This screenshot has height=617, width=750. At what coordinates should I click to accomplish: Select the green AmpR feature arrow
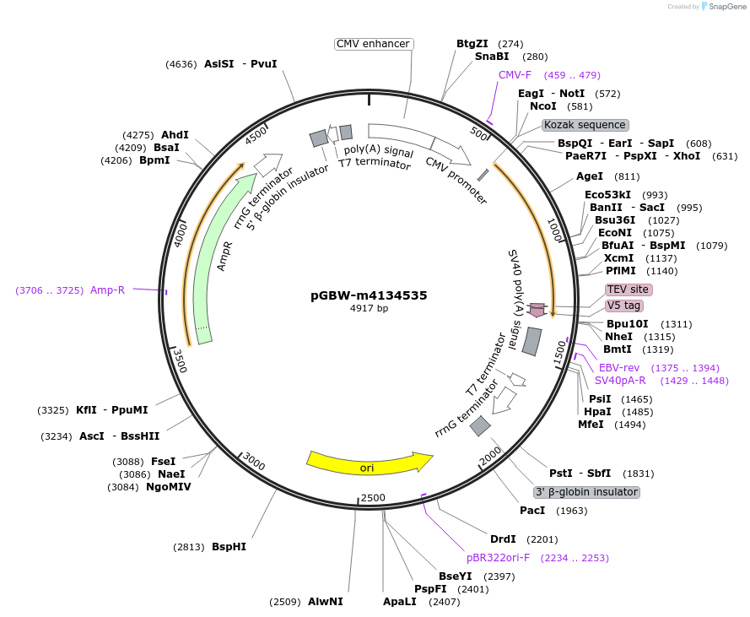(211, 262)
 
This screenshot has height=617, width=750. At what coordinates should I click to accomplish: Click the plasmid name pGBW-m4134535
(369, 295)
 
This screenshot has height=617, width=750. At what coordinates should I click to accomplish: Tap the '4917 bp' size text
(369, 309)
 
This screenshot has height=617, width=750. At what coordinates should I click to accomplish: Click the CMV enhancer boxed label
(373, 44)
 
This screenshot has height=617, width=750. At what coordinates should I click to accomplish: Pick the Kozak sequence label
(585, 125)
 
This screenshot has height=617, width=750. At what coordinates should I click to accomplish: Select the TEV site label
(629, 290)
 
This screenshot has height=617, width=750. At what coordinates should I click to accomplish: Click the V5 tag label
(624, 306)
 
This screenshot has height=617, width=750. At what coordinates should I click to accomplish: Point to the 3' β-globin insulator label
(587, 492)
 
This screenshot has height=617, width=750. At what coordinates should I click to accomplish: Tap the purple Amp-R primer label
(107, 290)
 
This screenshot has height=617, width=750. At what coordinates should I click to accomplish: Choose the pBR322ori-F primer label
(498, 558)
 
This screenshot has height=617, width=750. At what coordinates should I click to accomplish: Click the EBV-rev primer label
(619, 368)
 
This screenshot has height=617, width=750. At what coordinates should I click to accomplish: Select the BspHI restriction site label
(229, 547)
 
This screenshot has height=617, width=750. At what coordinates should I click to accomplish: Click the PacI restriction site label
(532, 511)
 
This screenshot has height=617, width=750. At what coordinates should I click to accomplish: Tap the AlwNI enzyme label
(326, 602)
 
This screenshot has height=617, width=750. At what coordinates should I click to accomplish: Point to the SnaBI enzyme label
(492, 57)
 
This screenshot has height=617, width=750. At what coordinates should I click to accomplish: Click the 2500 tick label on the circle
(372, 497)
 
